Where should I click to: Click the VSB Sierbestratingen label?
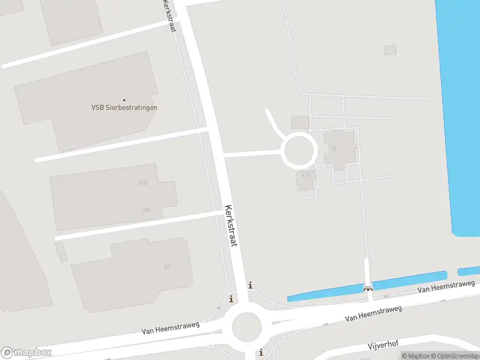coord(124,108)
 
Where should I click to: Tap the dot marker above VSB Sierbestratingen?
coord(124,100)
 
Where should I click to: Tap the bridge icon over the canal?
coord(368,287)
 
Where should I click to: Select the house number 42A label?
coord(306,175)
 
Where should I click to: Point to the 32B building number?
coord(143,182)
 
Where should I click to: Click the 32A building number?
coord(146,209)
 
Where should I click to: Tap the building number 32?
coord(167,265)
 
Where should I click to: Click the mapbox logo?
coord(26,352)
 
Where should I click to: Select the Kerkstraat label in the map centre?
coord(231,226)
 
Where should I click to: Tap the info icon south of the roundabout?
coord(262,353)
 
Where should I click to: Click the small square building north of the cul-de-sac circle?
coord(300,122)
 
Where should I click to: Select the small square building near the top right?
coord(390,50)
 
